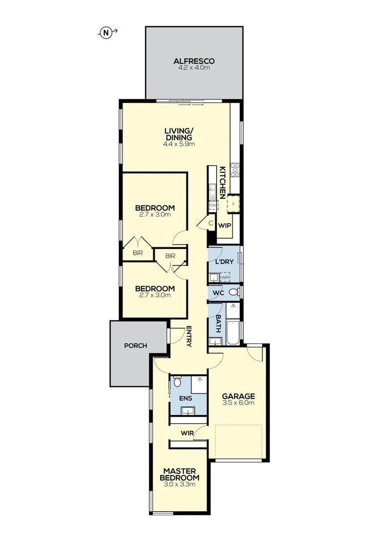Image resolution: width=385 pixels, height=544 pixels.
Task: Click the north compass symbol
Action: [106, 33]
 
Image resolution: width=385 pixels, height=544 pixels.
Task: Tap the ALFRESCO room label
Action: [194, 61]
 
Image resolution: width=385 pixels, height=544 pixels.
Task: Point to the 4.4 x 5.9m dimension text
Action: [179, 144]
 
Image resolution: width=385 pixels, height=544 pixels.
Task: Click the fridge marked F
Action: [233, 205]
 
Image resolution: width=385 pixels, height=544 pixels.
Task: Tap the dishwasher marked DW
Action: [213, 206]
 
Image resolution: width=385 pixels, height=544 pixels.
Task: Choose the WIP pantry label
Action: [224, 225]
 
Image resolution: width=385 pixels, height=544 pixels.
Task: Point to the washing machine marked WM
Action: [225, 277]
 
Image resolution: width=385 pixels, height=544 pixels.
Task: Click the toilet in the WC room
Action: [233, 292]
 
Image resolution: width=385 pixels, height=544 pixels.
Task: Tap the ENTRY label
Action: [189, 336]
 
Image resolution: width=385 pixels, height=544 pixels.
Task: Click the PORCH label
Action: [136, 346]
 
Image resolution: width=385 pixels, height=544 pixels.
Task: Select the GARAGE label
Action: [238, 396]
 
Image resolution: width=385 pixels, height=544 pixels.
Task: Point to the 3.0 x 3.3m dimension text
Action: [179, 484]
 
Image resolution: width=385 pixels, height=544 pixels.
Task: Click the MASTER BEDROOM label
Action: [179, 474]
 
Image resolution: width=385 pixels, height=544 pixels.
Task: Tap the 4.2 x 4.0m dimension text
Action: [194, 67]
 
